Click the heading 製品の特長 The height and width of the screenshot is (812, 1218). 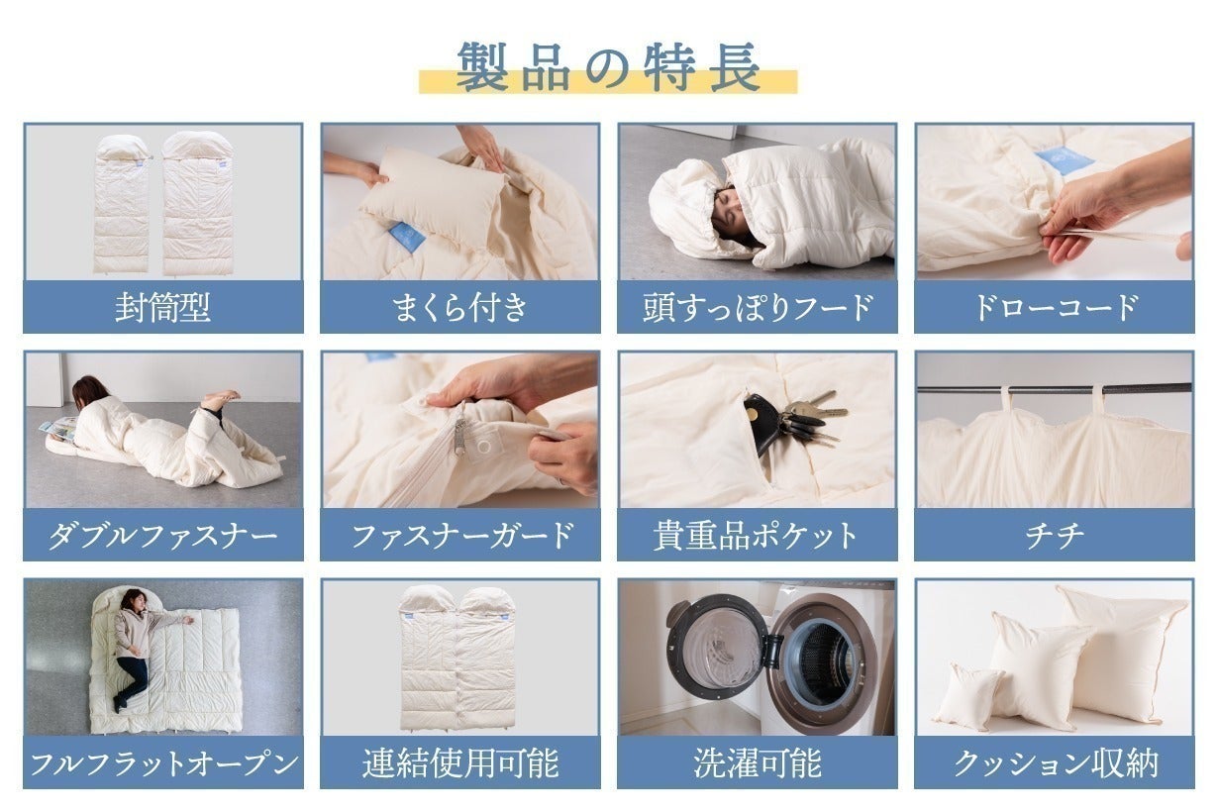tap(608, 67)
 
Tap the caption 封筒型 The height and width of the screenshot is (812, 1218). tap(162, 307)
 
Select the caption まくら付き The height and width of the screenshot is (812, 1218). tap(459, 307)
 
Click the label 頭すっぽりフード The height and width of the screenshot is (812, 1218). tap(758, 307)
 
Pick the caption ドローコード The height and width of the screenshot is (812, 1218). tap(1054, 307)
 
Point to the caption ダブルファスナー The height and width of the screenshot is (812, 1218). tap(162, 536)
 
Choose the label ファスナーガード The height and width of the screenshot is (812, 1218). tap(459, 536)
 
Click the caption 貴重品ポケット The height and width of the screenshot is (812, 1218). tap(758, 536)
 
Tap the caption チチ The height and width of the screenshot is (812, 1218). tap(1054, 536)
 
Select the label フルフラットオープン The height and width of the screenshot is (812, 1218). tap(162, 763)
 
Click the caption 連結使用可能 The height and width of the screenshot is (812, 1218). tap(459, 763)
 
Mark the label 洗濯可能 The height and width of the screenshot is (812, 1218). tap(758, 763)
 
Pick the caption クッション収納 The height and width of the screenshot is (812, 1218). tap(1054, 763)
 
